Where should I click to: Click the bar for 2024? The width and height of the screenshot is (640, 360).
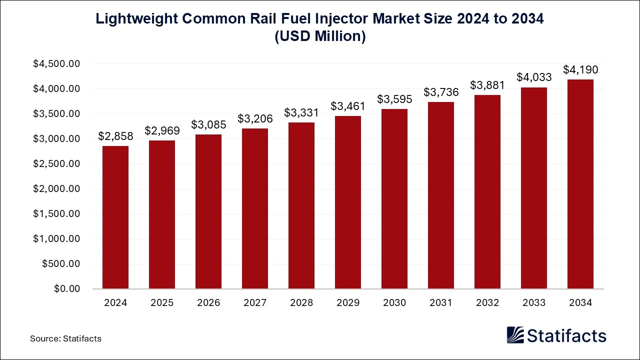coord(115,217)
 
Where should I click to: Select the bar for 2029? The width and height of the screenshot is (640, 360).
coord(348,202)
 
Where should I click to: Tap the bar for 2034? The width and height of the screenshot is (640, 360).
coord(580,184)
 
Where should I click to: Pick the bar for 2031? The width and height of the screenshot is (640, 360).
coord(441,195)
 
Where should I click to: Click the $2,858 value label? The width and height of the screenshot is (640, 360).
coord(115,136)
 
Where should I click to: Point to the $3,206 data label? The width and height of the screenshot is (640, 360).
coord(255,118)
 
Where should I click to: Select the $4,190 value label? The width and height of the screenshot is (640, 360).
coord(580,69)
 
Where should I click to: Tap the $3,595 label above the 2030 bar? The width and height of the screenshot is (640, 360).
coord(394,99)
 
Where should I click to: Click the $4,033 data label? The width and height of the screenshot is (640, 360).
coord(534,77)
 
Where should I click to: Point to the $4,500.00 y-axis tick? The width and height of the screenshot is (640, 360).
coord(56,64)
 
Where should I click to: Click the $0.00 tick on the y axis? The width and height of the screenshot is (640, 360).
coord(67,289)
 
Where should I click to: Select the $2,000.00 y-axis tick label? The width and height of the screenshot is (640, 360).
coord(56,189)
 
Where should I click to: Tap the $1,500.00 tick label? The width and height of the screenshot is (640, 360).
coord(56,214)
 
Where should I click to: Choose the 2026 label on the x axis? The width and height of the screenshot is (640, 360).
coord(208,303)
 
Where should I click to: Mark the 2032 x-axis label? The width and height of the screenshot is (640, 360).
coord(487,303)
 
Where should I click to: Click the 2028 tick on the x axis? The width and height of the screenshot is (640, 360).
coord(301,303)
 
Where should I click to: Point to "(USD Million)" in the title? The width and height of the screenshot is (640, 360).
coord(320,36)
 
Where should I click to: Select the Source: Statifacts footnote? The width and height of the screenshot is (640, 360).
coord(65,338)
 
